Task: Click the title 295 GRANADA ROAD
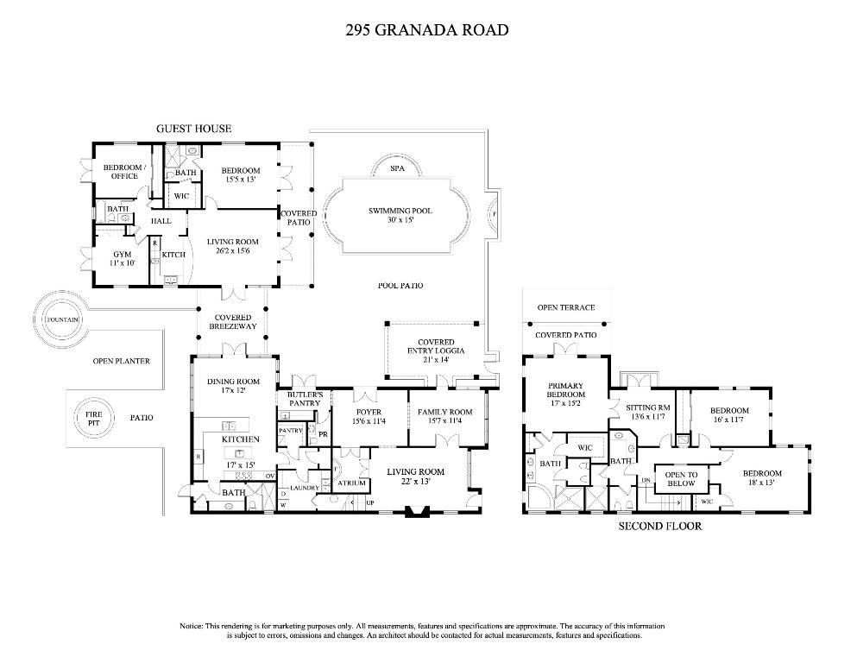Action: coord(426,30)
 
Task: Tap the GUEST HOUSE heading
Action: coord(193,129)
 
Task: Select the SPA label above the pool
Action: coord(397,169)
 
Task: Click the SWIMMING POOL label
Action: coord(400,215)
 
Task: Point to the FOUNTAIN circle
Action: coord(63,319)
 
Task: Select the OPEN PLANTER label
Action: coord(121,361)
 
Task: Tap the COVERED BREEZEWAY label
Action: coord(232,322)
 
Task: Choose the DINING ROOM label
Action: coord(233,386)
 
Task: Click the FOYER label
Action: coord(369,416)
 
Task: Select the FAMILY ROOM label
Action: coord(444,416)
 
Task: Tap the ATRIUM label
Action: coord(352,483)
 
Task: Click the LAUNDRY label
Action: coord(305,488)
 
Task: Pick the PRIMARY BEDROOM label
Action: coord(566,390)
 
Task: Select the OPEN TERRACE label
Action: coord(566,307)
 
